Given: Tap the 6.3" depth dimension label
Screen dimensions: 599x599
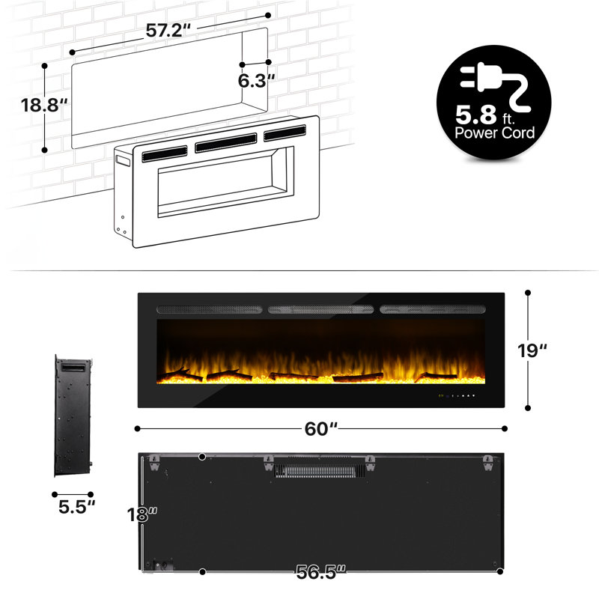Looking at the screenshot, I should [x=255, y=79].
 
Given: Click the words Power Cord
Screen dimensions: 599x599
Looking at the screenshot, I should [x=495, y=133].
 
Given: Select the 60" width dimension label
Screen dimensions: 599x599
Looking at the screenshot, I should [x=321, y=428].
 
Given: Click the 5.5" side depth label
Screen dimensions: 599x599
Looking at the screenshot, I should [x=76, y=506].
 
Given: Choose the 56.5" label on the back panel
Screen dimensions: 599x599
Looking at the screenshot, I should [x=321, y=573].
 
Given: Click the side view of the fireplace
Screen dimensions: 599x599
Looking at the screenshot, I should [x=72, y=416].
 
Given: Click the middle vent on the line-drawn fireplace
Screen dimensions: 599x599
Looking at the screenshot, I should [x=228, y=142].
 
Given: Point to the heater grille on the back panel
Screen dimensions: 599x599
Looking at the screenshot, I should [x=317, y=470].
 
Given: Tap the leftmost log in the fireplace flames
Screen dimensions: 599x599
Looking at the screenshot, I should [x=180, y=374].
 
